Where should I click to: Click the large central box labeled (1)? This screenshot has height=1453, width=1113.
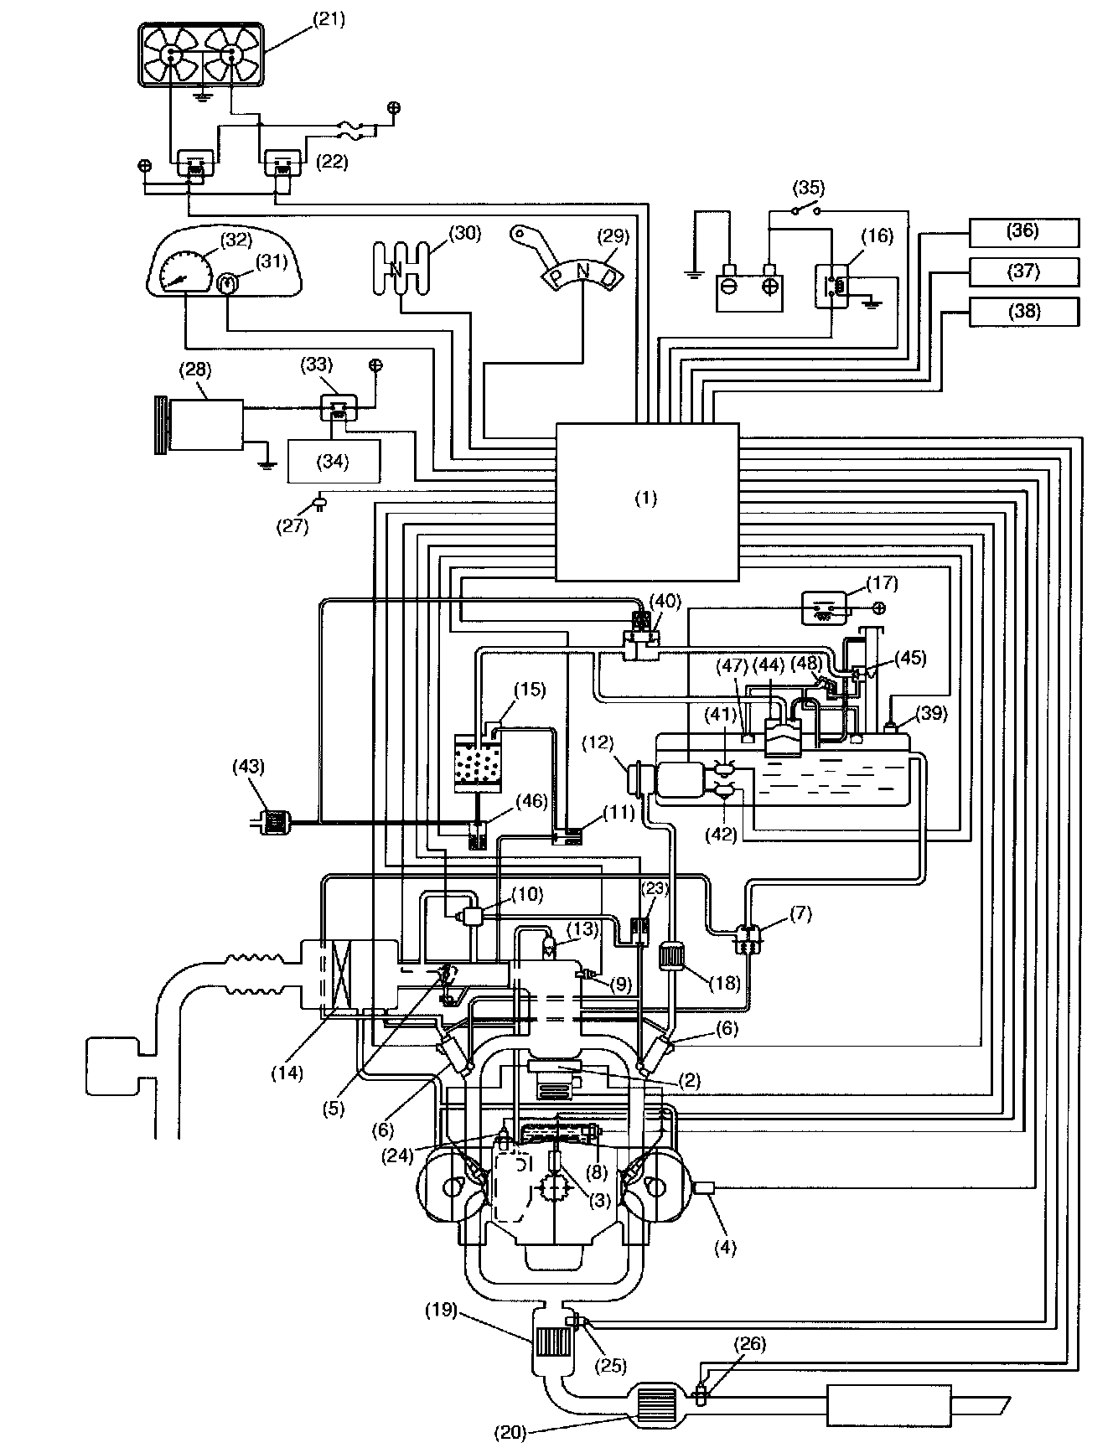point(647,501)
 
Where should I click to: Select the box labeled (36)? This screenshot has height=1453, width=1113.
point(1023,231)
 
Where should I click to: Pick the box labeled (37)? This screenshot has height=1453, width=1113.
point(1023,271)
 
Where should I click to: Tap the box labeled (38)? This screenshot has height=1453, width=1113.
point(1023,311)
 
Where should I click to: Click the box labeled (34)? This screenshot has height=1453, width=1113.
point(333,460)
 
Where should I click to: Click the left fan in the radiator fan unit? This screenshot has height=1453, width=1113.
point(172,54)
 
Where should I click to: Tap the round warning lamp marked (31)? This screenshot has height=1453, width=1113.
point(226,283)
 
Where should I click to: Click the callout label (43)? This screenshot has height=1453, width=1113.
point(249,766)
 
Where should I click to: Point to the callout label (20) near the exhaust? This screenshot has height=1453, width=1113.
point(509,1433)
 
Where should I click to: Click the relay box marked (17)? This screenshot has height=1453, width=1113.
point(825,608)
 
